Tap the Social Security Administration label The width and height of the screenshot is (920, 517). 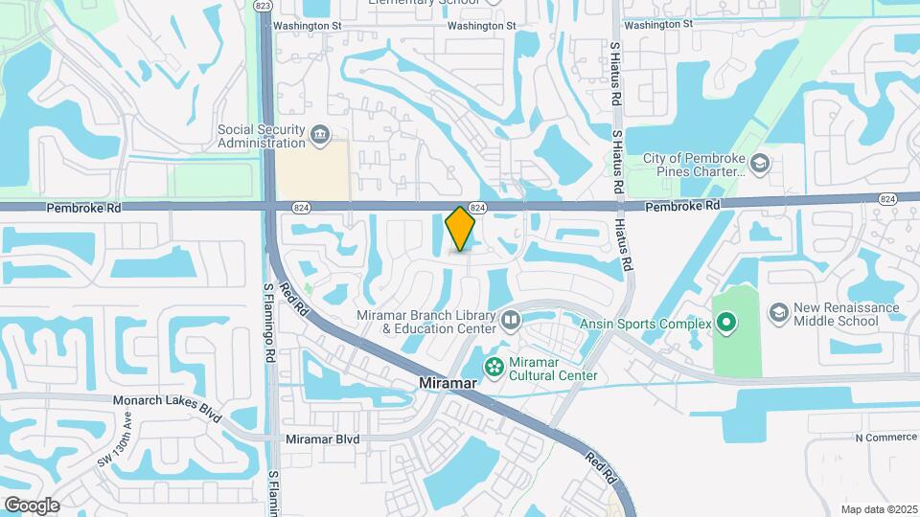click(260, 136)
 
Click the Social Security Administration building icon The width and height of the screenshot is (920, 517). click(320, 136)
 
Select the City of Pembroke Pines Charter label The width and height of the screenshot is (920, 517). click(694, 165)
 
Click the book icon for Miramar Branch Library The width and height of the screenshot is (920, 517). click(510, 320)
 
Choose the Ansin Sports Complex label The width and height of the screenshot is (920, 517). click(645, 324)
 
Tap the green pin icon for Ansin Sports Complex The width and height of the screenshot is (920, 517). click(725, 324)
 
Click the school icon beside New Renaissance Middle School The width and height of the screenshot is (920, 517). click(778, 313)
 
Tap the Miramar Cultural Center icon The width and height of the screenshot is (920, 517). click(494, 366)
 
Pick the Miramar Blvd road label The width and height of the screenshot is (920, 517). click(322, 439)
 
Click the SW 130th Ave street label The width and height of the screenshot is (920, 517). click(115, 440)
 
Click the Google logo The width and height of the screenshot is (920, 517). click(32, 505)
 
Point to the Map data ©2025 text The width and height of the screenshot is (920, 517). click(878, 509)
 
